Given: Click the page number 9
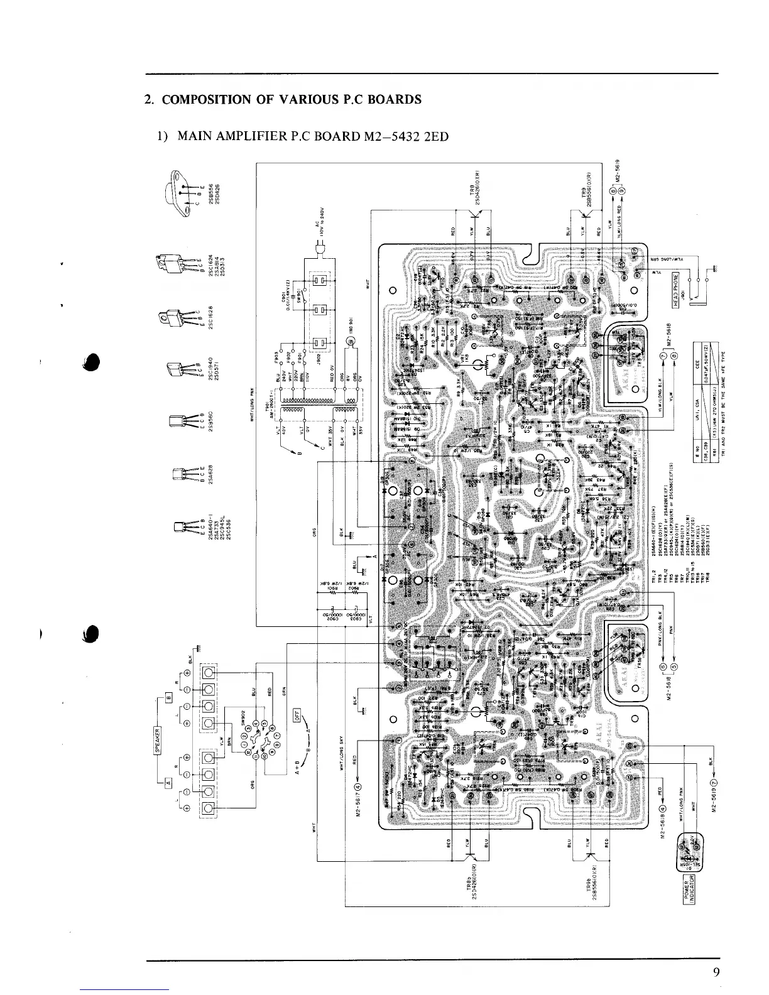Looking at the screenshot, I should tap(716, 973).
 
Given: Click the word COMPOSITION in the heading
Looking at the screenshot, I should tap(203, 99).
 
